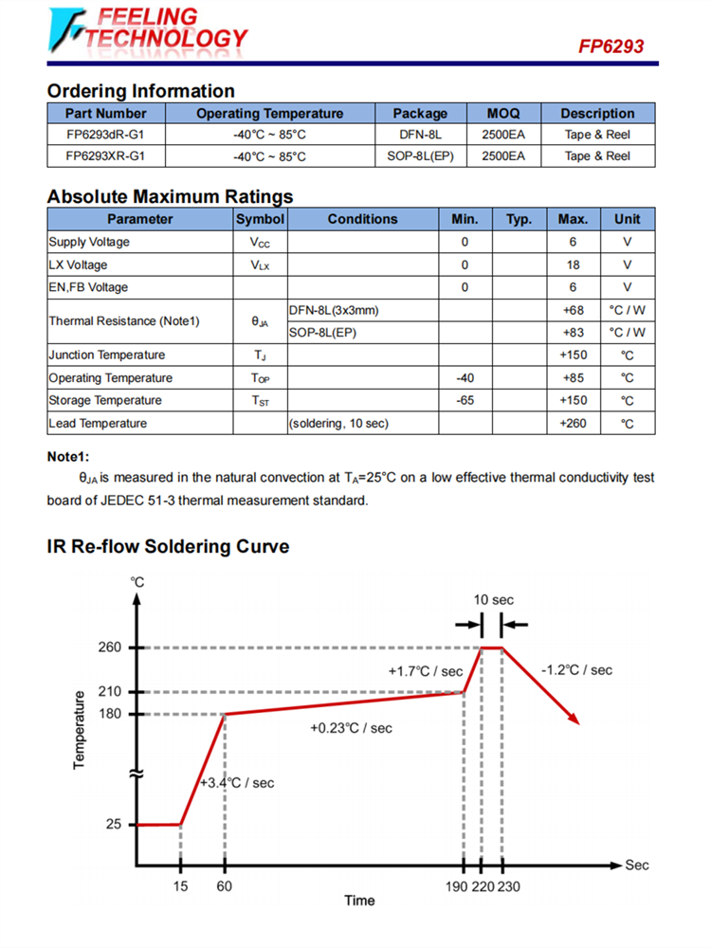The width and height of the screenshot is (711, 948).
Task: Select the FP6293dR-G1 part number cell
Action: pyautogui.click(x=106, y=135)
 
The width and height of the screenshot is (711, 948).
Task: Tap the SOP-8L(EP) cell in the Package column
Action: pyautogui.click(x=420, y=155)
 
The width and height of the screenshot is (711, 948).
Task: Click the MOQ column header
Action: pyautogui.click(x=502, y=114)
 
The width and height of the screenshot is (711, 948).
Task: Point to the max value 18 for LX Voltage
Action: pyautogui.click(x=573, y=264)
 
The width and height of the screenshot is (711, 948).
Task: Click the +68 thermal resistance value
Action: pyautogui.click(x=573, y=310)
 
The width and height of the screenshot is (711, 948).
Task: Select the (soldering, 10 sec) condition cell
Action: pyautogui.click(x=338, y=423)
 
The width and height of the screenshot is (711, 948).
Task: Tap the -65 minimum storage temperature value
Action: pyautogui.click(x=465, y=400)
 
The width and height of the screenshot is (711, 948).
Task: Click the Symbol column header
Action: pyautogui.click(x=260, y=219)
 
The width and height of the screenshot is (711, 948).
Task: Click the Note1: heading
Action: pyautogui.click(x=67, y=456)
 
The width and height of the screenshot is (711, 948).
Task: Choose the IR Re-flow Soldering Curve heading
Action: pyautogui.click(x=168, y=547)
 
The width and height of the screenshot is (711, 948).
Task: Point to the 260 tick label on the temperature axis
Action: pyautogui.click(x=110, y=647)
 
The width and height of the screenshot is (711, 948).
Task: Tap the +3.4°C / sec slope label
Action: pyautogui.click(x=237, y=783)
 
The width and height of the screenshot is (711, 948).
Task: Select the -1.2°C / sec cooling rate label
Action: pyautogui.click(x=576, y=670)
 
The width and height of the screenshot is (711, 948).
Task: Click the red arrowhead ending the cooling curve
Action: pyautogui.click(x=573, y=718)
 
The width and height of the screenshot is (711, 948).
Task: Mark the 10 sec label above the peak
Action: pyautogui.click(x=493, y=600)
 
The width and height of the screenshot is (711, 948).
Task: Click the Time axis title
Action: pyautogui.click(x=359, y=901)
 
